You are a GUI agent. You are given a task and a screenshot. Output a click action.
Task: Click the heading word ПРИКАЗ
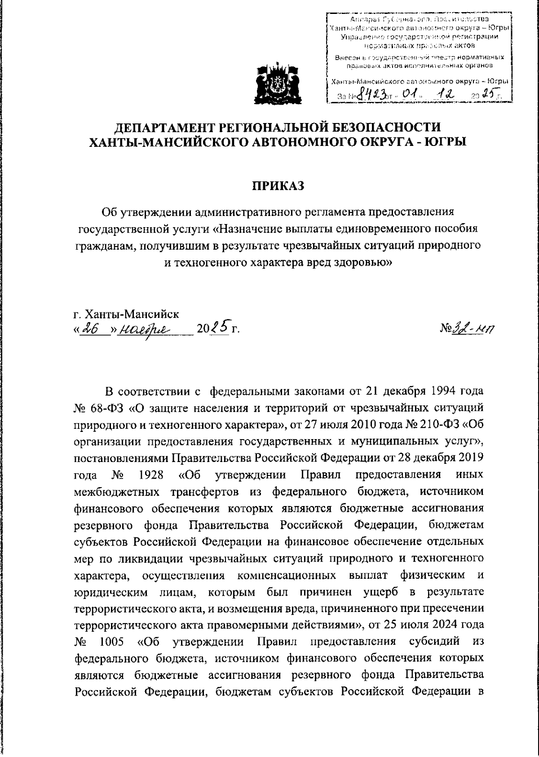click(278, 185)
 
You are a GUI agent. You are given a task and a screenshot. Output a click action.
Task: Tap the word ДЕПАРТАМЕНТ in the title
click(161, 127)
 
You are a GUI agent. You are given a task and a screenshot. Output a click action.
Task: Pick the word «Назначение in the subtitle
click(246, 229)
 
